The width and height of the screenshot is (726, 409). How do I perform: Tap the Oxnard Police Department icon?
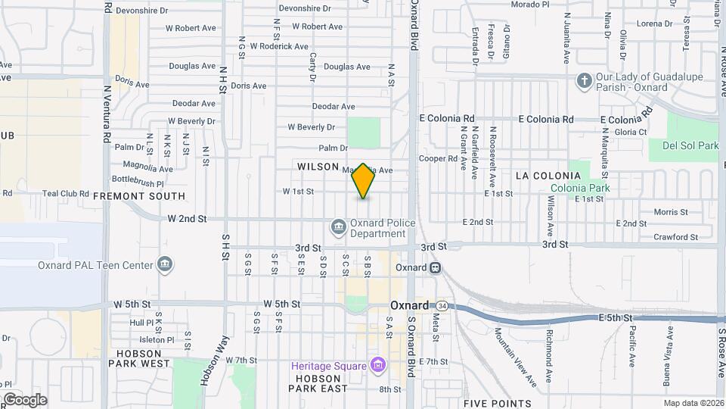tap(338, 226)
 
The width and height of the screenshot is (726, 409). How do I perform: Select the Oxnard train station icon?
tap(436, 267)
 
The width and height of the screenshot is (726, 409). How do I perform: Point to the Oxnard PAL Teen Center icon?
tap(164, 264)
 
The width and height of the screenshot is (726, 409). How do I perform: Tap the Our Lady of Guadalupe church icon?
tap(584, 80)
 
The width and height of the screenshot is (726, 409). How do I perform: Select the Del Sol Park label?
tap(690, 145)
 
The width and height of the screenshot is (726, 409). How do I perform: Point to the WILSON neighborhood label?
tap(318, 167)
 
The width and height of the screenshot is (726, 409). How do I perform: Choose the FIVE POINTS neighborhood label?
tap(497, 403)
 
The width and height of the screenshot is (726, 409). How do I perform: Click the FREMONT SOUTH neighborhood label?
tap(139, 195)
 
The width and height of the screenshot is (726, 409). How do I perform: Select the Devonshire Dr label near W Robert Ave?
tap(305, 8)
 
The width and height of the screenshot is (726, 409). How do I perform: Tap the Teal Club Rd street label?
tap(66, 193)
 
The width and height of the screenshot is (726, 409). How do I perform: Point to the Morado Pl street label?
tap(529, 5)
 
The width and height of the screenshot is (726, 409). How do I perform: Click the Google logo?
tap(24, 399)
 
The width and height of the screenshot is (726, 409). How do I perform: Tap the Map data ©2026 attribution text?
tap(692, 403)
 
